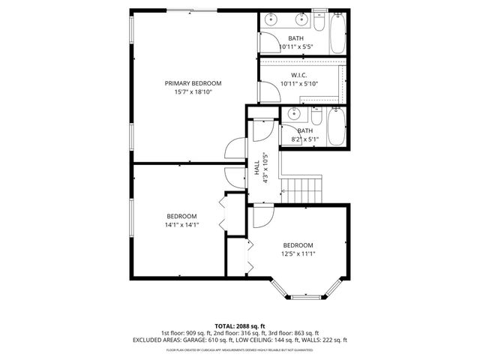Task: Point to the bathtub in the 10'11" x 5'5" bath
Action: [x=337, y=31]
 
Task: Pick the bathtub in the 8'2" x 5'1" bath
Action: [x=337, y=127]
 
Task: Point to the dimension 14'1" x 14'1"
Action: [x=181, y=224]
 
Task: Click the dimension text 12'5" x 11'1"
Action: [x=298, y=254]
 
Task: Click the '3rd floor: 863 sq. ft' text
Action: [x=293, y=333]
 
